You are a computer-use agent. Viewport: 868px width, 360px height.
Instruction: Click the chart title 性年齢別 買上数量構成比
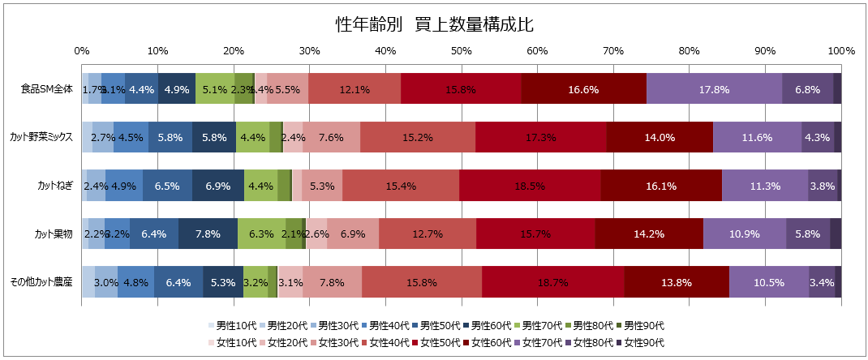(433, 24)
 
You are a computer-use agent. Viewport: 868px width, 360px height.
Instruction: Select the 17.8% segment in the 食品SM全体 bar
(715, 89)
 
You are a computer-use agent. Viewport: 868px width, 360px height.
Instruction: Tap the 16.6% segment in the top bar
(583, 89)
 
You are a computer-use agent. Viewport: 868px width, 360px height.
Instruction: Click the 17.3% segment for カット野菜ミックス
(541, 137)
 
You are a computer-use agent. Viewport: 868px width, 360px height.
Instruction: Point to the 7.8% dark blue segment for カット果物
(208, 234)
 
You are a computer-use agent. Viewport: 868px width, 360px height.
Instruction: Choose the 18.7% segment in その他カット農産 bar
(553, 282)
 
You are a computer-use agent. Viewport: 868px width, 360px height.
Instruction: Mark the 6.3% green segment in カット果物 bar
(261, 234)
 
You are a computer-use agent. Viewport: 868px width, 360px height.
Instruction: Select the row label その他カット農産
(41, 282)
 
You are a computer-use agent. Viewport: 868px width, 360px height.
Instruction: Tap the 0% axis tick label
(82, 51)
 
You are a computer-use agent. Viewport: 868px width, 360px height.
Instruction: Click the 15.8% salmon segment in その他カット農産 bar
(422, 282)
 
